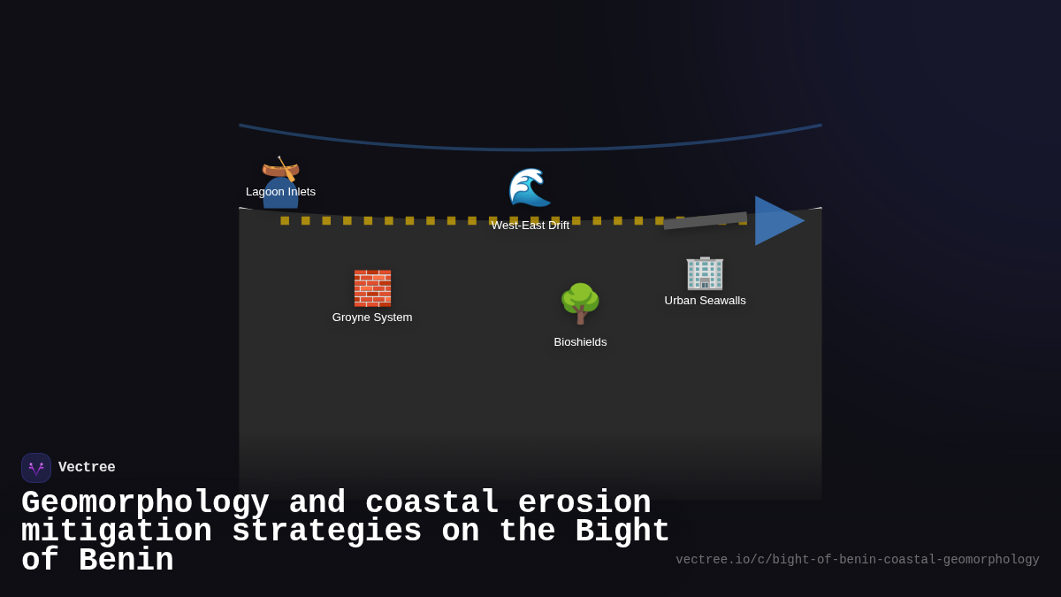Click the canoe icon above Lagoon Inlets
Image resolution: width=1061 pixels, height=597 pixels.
[x=280, y=168]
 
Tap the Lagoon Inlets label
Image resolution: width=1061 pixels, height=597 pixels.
[x=280, y=192]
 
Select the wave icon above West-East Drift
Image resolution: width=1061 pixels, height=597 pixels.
[x=529, y=187]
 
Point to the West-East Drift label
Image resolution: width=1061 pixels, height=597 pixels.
[x=530, y=226]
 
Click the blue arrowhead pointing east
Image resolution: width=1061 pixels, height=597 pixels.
[x=777, y=220]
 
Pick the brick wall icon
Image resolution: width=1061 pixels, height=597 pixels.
[x=372, y=288]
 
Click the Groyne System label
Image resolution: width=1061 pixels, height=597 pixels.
[x=372, y=318]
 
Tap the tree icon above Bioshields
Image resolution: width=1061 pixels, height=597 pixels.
[x=580, y=303]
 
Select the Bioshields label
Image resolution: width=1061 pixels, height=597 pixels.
[x=580, y=342]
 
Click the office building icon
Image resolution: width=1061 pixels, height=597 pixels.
[x=705, y=272]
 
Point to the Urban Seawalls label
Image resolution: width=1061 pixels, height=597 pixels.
[x=705, y=301]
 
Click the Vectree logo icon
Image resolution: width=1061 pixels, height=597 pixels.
[x=36, y=468]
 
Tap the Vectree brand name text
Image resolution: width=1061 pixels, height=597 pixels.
[x=87, y=468]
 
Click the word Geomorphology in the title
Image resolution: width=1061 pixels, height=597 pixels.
[x=145, y=503]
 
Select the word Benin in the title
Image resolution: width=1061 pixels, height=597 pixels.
[x=126, y=561]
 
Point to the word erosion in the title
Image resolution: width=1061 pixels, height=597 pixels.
[x=584, y=503]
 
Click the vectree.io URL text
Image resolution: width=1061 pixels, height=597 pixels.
[x=857, y=560]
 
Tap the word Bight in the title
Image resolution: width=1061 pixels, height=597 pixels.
[x=622, y=532]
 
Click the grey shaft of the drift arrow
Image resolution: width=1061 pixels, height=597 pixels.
[x=706, y=220]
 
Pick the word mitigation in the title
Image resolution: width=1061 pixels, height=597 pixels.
[x=117, y=532]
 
